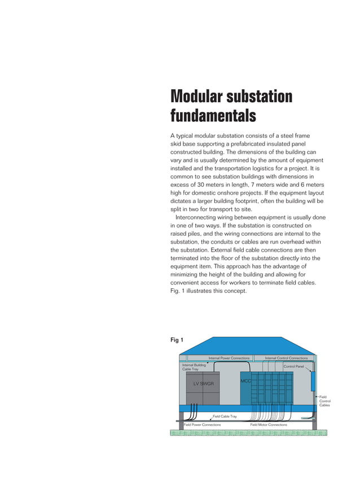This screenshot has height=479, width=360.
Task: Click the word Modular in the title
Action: [x=196, y=96]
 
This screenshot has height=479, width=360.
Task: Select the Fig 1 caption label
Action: [x=178, y=340]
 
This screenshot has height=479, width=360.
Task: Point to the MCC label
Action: [x=245, y=381]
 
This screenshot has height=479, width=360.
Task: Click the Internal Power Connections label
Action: [x=229, y=358]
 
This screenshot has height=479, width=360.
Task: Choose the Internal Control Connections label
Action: [x=286, y=358]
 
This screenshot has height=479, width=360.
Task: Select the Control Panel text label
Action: [x=293, y=367]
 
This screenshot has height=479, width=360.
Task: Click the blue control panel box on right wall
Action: [x=314, y=381]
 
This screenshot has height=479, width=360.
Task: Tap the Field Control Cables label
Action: [x=324, y=401]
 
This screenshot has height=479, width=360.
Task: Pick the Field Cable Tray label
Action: [x=224, y=416]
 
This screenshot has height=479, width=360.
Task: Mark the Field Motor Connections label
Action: [x=269, y=424]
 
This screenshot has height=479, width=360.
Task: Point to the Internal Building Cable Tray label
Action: [x=194, y=367]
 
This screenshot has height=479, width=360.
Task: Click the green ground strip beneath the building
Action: [x=248, y=433]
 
